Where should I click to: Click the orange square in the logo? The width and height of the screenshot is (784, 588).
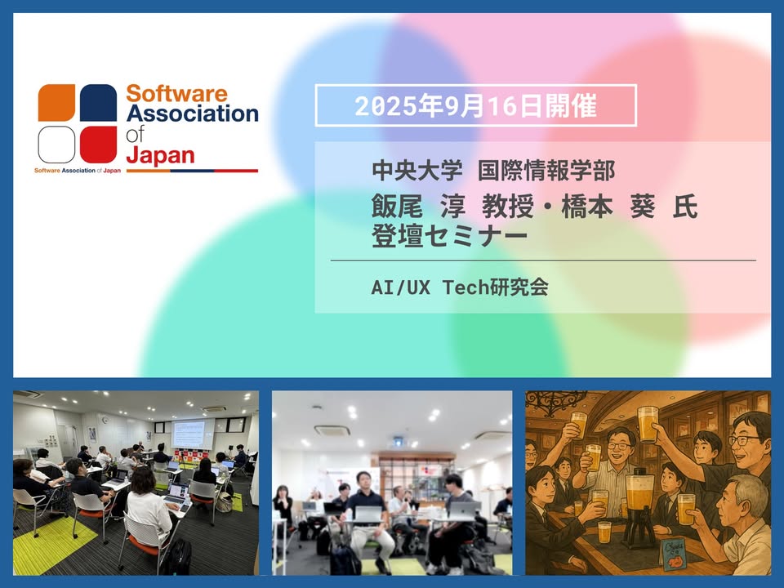pyautogui.click(x=56, y=103)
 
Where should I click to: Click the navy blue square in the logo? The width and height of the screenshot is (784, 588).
pyautogui.click(x=99, y=103)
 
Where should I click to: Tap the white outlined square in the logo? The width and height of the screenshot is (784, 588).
pyautogui.click(x=56, y=145)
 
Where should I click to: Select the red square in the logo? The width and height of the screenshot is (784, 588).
pyautogui.click(x=99, y=145)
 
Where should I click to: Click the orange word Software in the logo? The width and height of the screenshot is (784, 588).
pyautogui.click(x=176, y=93)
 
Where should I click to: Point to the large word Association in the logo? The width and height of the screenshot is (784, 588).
pyautogui.click(x=193, y=114)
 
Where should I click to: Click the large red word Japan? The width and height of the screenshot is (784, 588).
pyautogui.click(x=160, y=155)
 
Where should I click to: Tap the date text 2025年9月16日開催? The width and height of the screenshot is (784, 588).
pyautogui.click(x=475, y=105)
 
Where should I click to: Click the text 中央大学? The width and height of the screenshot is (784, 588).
pyautogui.click(x=417, y=171)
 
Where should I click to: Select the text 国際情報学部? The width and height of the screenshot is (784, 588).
pyautogui.click(x=546, y=171)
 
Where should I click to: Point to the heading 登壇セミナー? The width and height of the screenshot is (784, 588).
pyautogui.click(x=449, y=235)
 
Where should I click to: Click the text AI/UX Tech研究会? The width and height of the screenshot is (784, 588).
pyautogui.click(x=460, y=287)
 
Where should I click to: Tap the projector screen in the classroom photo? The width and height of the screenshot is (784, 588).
pyautogui.click(x=188, y=434)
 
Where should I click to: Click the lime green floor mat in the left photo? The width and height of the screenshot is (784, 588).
pyautogui.click(x=54, y=546)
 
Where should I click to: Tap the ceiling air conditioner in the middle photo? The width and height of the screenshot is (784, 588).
pyautogui.click(x=331, y=430)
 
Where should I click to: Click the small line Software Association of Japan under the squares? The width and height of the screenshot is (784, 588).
pyautogui.click(x=78, y=171)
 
